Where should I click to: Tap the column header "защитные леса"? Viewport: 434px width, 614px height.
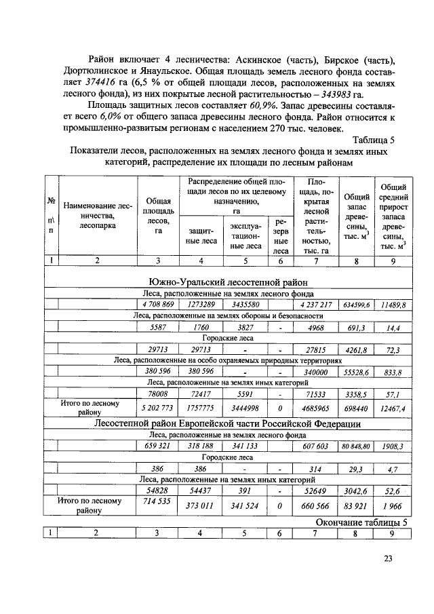click(x=201, y=235)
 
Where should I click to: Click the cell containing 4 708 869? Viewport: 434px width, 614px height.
click(x=158, y=305)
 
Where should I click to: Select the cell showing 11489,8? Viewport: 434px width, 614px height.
click(x=393, y=305)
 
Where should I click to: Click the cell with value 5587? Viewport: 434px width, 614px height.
click(x=158, y=328)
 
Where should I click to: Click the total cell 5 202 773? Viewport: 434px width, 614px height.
click(x=158, y=409)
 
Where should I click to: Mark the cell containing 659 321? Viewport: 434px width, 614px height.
click(x=158, y=447)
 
